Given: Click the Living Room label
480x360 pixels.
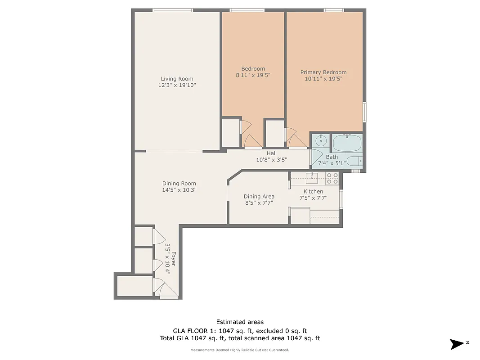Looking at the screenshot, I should pyautogui.click(x=177, y=79).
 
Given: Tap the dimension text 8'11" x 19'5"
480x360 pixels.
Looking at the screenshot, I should pyautogui.click(x=253, y=75).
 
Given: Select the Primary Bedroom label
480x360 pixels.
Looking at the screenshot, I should pyautogui.click(x=323, y=72).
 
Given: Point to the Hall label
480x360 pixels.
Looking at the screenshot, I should pyautogui.click(x=271, y=153).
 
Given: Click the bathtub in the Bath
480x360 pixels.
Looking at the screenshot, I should pyautogui.click(x=347, y=143).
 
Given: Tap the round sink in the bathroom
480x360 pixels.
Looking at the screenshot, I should pyautogui.click(x=321, y=140).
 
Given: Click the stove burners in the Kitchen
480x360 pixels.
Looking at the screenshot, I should pyautogui.click(x=332, y=179).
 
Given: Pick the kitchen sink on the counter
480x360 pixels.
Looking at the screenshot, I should pyautogui.click(x=312, y=178).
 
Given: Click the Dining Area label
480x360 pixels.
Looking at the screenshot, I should pyautogui.click(x=259, y=196).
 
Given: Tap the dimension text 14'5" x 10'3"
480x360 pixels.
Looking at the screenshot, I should pyautogui.click(x=179, y=190).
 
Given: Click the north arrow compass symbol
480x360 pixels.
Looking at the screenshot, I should pyautogui.click(x=458, y=344).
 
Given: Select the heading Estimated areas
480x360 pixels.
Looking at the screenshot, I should pyautogui.click(x=240, y=322).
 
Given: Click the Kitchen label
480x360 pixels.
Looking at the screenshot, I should pyautogui.click(x=313, y=191).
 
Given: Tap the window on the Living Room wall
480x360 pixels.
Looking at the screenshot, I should pyautogui.click(x=173, y=10).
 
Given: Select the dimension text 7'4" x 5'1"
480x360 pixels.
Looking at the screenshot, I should pyautogui.click(x=331, y=163).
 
